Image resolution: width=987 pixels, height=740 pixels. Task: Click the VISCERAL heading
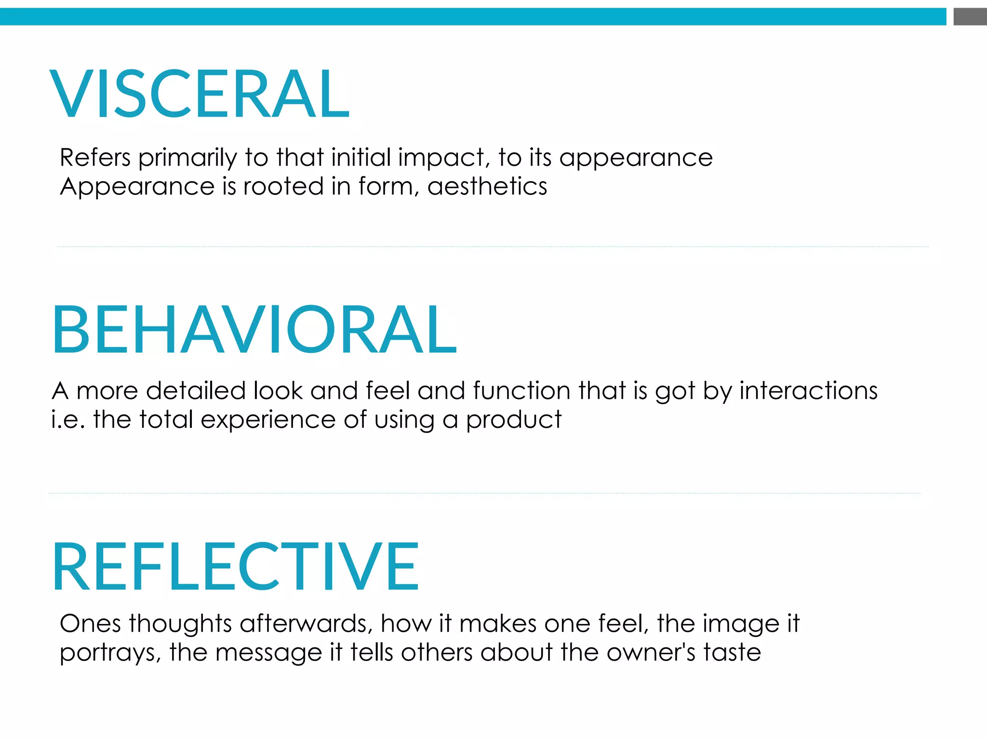pyautogui.click(x=200, y=93)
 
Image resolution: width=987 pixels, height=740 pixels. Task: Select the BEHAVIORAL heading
pyautogui.click(x=254, y=330)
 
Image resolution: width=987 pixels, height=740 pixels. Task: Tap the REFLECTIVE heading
pyautogui.click(x=235, y=566)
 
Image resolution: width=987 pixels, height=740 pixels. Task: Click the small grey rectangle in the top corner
pyautogui.click(x=970, y=17)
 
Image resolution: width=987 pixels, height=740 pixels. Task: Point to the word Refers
pyautogui.click(x=95, y=158)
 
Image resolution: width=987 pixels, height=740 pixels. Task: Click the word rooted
pyautogui.click(x=283, y=186)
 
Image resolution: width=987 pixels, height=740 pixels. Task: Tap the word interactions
pyautogui.click(x=808, y=391)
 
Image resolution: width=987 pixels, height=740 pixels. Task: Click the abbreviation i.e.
pyautogui.click(x=68, y=420)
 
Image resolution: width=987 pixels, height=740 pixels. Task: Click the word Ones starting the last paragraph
pyautogui.click(x=90, y=624)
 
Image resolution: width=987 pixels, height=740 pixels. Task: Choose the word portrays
pyautogui.click(x=110, y=654)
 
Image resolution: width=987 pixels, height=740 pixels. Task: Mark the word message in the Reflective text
pyautogui.click(x=268, y=654)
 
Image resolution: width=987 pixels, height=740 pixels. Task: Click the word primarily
pyautogui.click(x=188, y=159)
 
